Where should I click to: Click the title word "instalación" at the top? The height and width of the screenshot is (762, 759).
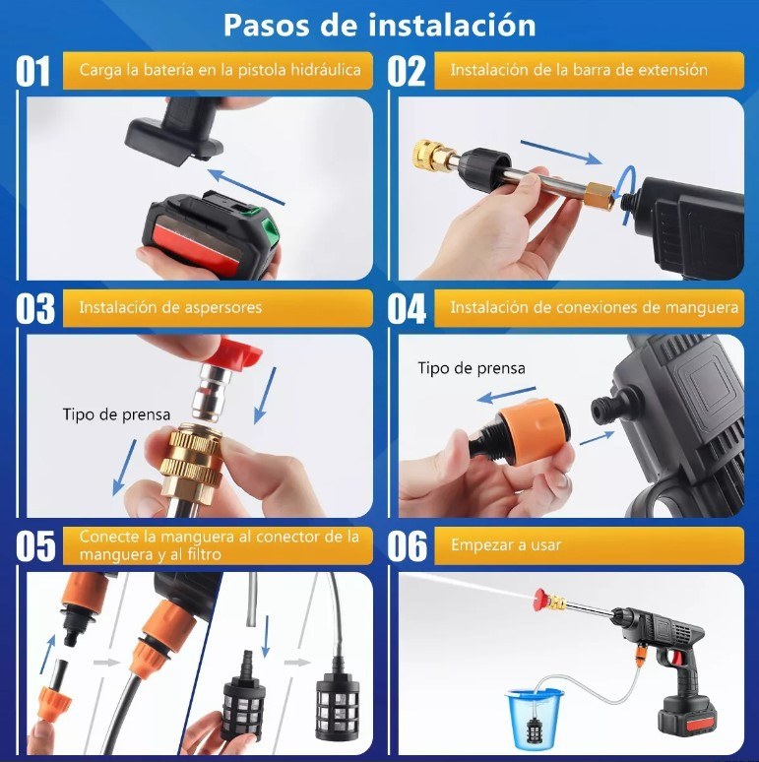tap(452, 25)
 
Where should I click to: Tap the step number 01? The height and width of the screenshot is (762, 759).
tap(33, 71)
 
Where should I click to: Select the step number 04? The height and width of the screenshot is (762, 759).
tap(407, 308)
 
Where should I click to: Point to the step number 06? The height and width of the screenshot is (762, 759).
tap(408, 545)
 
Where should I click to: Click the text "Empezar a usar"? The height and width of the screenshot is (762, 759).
tap(506, 545)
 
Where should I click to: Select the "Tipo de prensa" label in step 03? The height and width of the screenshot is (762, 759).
tap(116, 414)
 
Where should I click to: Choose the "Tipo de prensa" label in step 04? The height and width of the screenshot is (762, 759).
tap(472, 368)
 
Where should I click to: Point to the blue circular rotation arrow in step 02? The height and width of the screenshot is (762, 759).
tap(629, 194)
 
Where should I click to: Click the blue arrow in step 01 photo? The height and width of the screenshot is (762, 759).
tap(245, 187)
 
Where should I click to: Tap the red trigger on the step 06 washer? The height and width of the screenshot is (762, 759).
tap(675, 657)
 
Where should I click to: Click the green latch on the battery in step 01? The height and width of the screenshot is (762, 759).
tap(269, 228)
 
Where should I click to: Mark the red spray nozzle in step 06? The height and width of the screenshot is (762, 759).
tap(540, 600)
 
